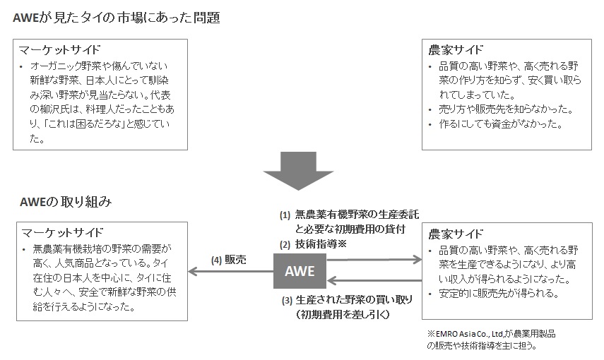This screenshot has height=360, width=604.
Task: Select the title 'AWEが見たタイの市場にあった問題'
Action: point(116,18)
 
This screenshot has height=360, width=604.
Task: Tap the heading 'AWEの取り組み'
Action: point(65,203)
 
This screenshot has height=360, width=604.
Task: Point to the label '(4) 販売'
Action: point(229,259)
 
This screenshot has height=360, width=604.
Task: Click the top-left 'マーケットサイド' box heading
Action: point(61,50)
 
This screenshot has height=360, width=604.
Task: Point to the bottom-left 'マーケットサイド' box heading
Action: point(62,232)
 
